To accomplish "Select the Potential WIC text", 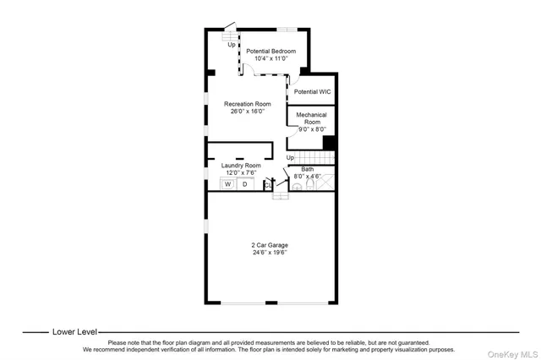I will click(x=312, y=91).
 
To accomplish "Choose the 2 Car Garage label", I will click(x=269, y=245).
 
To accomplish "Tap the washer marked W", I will click(x=227, y=183).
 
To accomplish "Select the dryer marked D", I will click(x=246, y=183).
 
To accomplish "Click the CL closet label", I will click(x=266, y=183).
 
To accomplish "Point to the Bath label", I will click(x=308, y=169).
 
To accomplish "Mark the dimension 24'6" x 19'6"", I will click(x=269, y=253).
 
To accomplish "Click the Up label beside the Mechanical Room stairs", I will click(x=290, y=158).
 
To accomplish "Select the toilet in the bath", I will click(x=310, y=185).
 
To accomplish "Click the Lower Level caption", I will click(x=74, y=332).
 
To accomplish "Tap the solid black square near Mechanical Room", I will click(x=330, y=143).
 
